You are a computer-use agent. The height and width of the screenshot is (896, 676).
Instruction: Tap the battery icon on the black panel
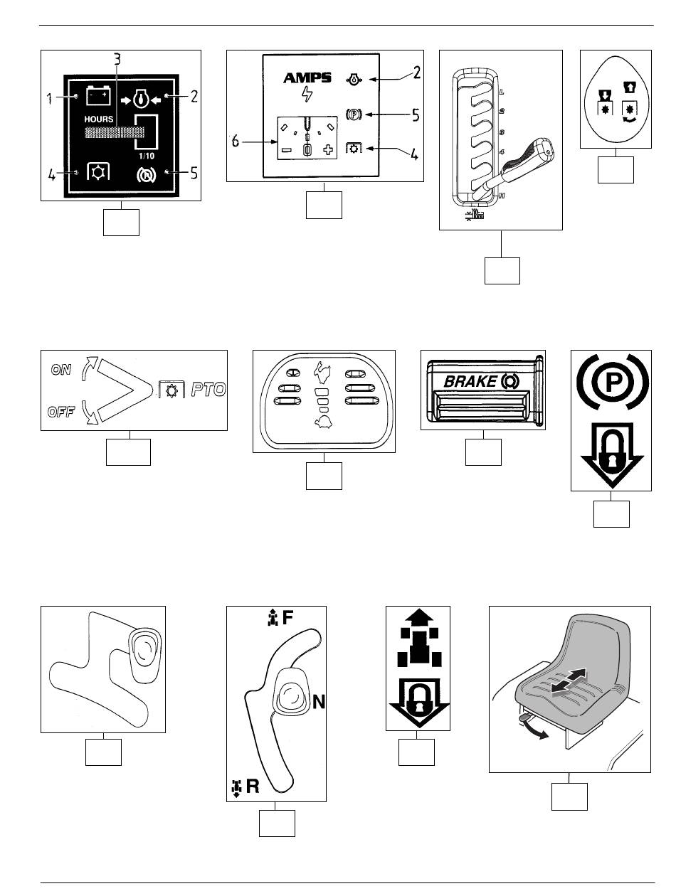[96, 95]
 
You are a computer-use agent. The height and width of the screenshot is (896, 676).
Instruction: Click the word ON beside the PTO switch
[62, 370]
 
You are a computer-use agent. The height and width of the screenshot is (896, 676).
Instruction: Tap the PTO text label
[206, 390]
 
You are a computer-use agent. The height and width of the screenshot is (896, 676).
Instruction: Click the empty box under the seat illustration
[569, 796]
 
